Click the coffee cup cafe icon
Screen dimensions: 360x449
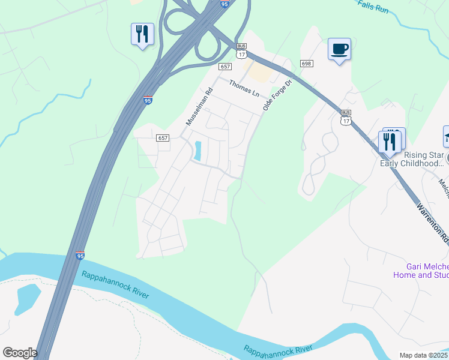[340, 49]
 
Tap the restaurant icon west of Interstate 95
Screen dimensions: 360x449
[142, 34]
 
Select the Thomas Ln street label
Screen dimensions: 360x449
[244, 89]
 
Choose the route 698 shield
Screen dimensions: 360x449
[306, 64]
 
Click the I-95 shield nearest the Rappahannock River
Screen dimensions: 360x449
[80, 256]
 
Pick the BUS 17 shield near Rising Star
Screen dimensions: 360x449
[345, 117]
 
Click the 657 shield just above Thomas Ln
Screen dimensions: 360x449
[225, 67]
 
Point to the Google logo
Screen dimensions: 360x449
[20, 353]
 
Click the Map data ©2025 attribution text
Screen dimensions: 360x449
[424, 355]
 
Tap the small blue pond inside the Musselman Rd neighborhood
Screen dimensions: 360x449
[197, 151]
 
